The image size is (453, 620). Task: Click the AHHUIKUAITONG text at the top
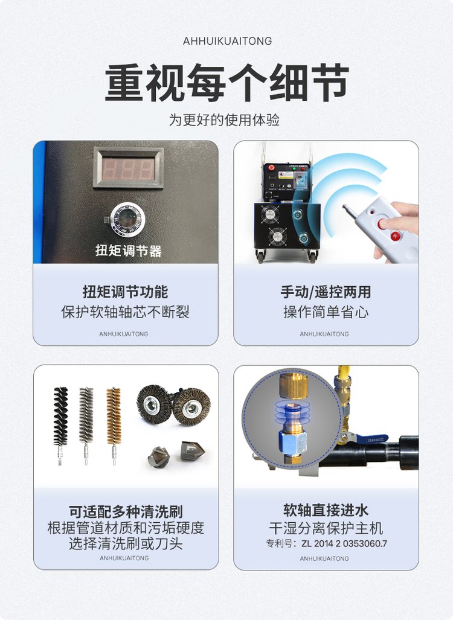coord(227,41)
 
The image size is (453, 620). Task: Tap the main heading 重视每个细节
coord(226,83)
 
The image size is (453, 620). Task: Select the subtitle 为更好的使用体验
coord(224,120)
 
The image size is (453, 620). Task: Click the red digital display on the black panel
coord(128,168)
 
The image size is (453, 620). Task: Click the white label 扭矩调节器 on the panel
coord(129,251)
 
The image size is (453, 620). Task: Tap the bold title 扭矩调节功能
coord(126,292)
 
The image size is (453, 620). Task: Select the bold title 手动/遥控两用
coord(326,292)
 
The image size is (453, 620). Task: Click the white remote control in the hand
coord(382,228)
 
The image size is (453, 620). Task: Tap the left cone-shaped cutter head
coord(159,457)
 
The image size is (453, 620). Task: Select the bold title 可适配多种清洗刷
coord(126,512)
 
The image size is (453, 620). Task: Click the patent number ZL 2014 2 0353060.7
coord(344,544)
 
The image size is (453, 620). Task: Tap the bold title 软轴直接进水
coord(326,510)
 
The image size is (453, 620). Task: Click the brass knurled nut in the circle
coord(294,385)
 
